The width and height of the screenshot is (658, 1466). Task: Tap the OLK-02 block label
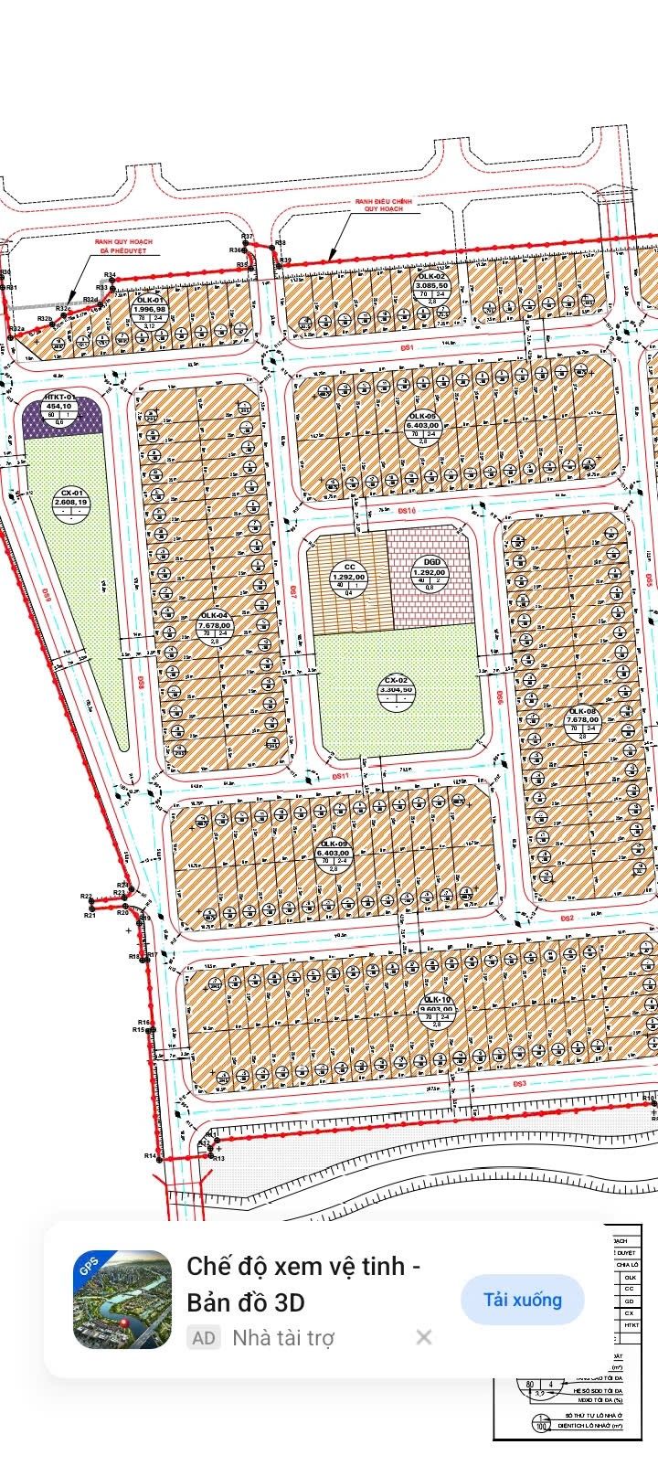click(431, 285)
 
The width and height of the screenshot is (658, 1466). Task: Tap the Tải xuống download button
click(523, 1300)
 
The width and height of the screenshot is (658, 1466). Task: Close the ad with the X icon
click(424, 1338)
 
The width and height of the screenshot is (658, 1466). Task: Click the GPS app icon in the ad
click(122, 1300)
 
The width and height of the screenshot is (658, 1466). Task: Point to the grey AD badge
click(204, 1338)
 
